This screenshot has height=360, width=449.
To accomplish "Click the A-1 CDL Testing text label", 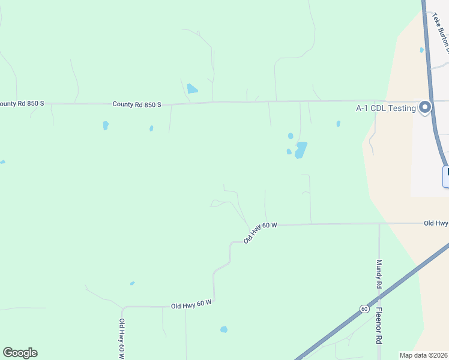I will pyautogui.click(x=385, y=108).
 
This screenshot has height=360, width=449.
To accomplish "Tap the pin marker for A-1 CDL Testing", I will pyautogui.click(x=426, y=107).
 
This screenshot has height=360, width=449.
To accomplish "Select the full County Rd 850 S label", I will pyautogui.click(x=137, y=104).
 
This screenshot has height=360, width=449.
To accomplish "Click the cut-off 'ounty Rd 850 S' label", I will pyautogui.click(x=22, y=103).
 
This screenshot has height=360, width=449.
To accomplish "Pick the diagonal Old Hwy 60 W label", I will pyautogui.click(x=260, y=232).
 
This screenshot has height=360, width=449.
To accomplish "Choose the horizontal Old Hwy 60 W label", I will pyautogui.click(x=191, y=305).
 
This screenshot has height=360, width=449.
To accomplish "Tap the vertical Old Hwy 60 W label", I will pyautogui.click(x=122, y=339).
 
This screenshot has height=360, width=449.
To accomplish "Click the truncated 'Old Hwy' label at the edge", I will pyautogui.click(x=436, y=223).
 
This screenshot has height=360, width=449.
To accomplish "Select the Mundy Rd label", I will pyautogui.click(x=379, y=274).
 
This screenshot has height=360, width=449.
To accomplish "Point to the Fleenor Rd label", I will pyautogui.click(x=379, y=326).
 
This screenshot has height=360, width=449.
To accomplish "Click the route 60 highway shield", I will pyautogui.click(x=364, y=308).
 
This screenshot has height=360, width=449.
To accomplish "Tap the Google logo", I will pyautogui.click(x=20, y=353).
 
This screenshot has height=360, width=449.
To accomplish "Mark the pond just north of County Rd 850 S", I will pyautogui.click(x=192, y=89).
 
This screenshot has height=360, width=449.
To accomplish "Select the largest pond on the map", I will pyautogui.click(x=300, y=150).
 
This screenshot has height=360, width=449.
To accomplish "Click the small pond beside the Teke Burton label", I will pyautogui.click(x=422, y=50).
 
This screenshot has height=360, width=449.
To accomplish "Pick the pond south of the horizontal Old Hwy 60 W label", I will pyautogui.click(x=224, y=329).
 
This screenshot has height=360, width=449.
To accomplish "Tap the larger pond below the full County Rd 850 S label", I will pyautogui.click(x=106, y=125).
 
